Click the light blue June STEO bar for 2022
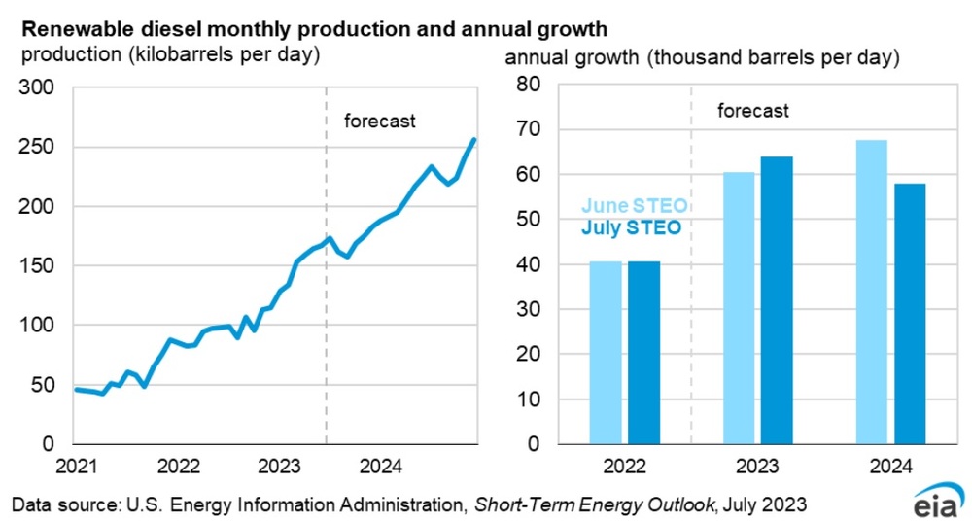pos(606,352)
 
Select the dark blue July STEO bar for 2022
pos(643,352)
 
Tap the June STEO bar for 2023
pos(739,307)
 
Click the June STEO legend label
pos(635,206)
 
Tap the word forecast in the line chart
pos(380,122)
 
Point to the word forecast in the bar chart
pos(753,110)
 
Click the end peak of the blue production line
pos(474,140)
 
